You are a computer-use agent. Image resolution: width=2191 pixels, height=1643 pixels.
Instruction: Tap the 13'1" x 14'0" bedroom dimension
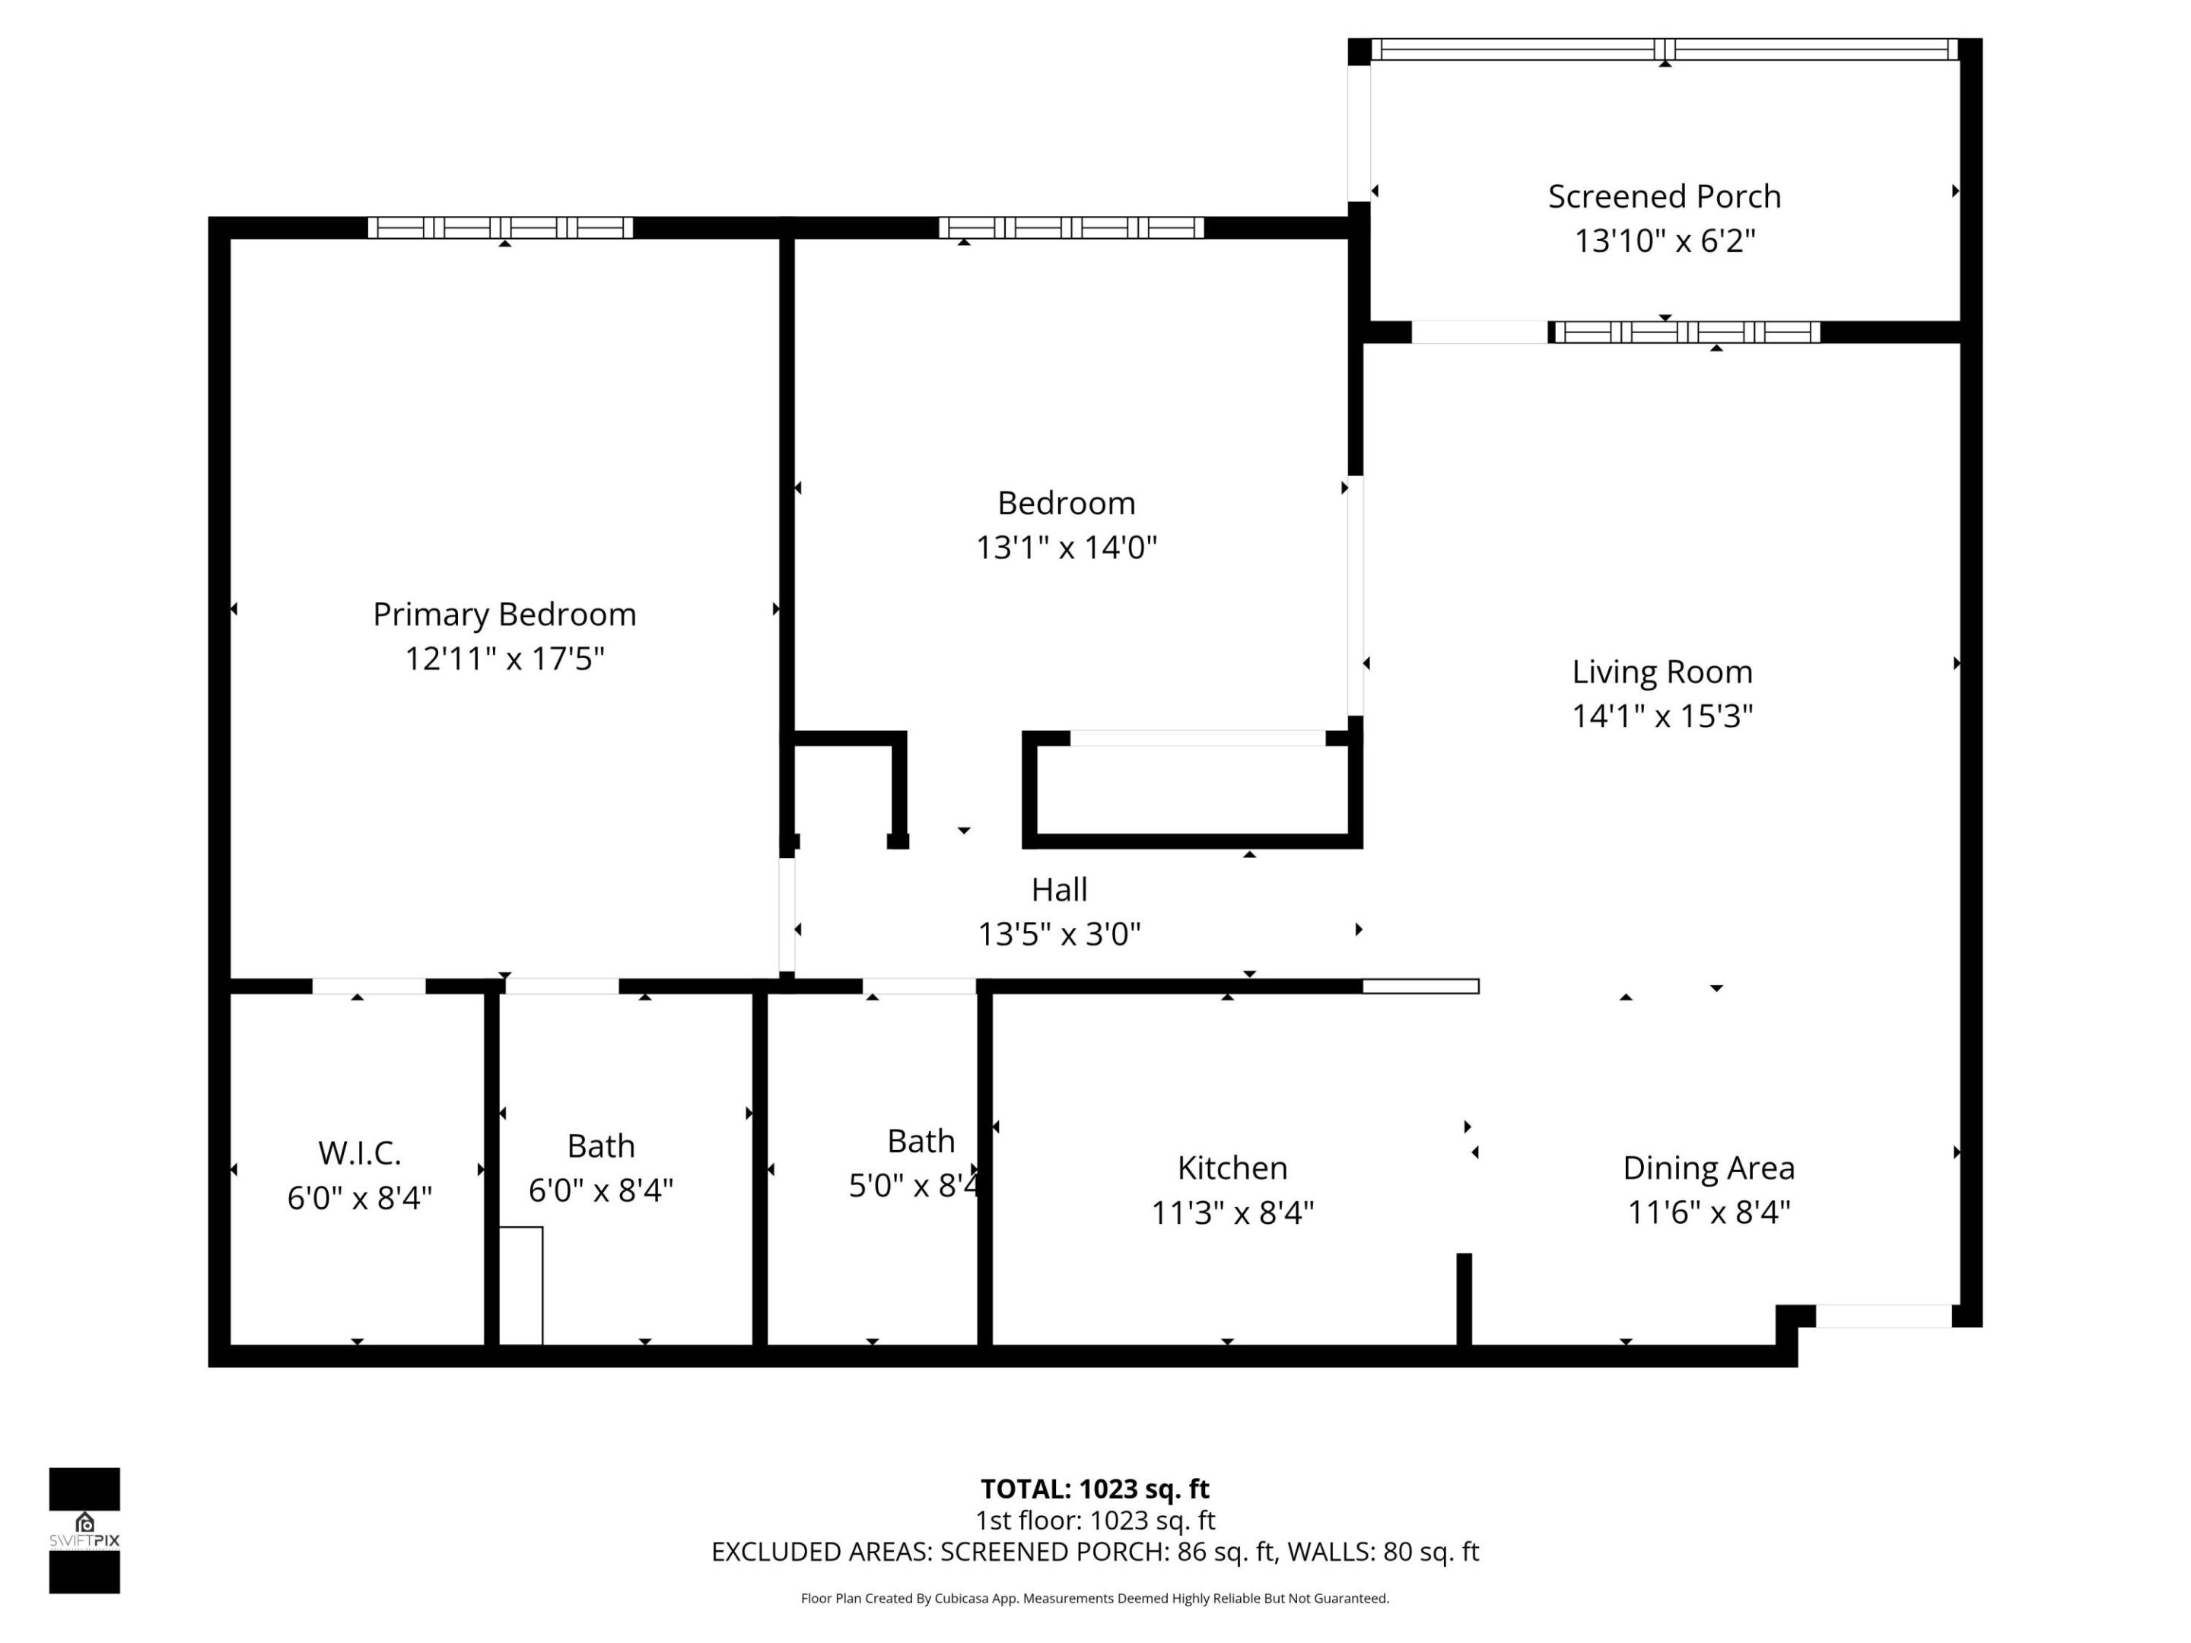(1066, 547)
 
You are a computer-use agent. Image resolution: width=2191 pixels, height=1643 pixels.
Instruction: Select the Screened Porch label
(1664, 196)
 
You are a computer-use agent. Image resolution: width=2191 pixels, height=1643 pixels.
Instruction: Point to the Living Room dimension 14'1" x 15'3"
(1662, 716)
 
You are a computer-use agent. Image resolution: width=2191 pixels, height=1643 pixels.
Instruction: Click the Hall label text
(1059, 889)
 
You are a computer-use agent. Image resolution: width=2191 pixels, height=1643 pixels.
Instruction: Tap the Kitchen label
(1232, 1168)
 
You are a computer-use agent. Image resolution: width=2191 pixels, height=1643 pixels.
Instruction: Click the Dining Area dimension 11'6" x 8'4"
(1709, 1212)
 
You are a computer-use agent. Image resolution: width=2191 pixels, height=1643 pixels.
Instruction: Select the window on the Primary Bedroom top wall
(501, 227)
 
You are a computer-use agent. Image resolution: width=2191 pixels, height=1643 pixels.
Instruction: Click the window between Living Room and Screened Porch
(1686, 332)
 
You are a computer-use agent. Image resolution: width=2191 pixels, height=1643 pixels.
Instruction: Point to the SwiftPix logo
(84, 1531)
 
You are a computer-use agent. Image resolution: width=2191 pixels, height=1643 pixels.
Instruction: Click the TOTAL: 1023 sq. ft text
(1095, 1489)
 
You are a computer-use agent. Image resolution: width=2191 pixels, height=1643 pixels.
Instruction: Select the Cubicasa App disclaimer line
(1095, 1598)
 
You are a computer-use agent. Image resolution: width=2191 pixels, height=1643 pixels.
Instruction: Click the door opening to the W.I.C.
(368, 987)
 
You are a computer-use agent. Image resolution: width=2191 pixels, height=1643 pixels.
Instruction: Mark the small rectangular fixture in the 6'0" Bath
(521, 1285)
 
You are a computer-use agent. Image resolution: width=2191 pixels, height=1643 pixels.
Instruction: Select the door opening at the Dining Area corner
(1884, 1316)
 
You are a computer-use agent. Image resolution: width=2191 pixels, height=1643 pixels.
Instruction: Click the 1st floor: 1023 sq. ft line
(1095, 1521)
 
